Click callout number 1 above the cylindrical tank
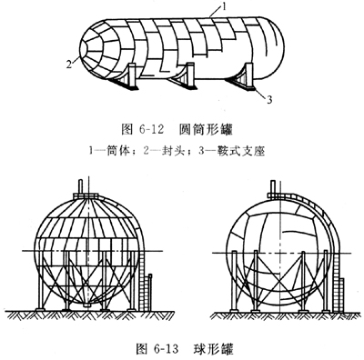pyautogui.click(x=224, y=6)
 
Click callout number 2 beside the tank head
pyautogui.click(x=69, y=65)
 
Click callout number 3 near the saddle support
pyautogui.click(x=269, y=99)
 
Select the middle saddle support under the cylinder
pyautogui.click(x=184, y=75)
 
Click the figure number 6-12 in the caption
pyautogui.click(x=151, y=129)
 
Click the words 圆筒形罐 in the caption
pyautogui.click(x=206, y=129)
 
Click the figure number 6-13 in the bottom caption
pyautogui.click(x=166, y=349)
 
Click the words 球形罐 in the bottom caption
pyautogui.click(x=214, y=349)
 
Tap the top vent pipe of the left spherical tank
pyautogui.click(x=80, y=187)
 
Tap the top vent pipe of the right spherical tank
pyautogui.click(x=272, y=187)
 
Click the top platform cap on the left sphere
pyautogui.click(x=86, y=196)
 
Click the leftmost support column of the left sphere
pyautogui.click(x=40, y=280)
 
